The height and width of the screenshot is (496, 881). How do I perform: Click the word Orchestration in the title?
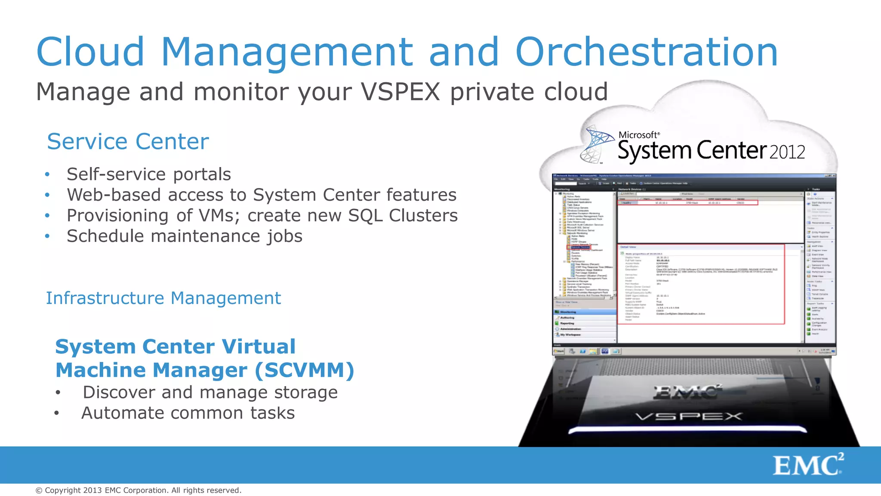click(646, 52)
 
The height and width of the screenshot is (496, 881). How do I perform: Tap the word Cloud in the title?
click(91, 52)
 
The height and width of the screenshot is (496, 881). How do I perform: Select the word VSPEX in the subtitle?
click(400, 92)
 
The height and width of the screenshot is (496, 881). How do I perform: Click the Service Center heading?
click(128, 142)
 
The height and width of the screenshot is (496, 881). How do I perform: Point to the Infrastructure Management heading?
click(163, 298)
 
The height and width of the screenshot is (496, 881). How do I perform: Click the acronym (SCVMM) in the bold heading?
click(305, 370)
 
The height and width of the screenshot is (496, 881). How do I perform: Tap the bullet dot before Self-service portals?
click(47, 175)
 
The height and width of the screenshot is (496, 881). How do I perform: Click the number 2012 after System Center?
click(787, 152)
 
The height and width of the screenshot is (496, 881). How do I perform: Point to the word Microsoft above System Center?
click(638, 135)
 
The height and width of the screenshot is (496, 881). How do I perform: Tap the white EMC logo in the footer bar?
click(808, 465)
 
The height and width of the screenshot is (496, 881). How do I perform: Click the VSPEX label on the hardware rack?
click(689, 416)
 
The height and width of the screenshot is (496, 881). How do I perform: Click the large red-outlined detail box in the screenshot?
click(701, 284)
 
